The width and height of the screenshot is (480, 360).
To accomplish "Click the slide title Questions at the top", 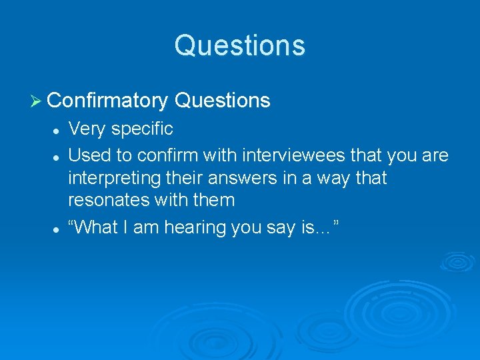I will point(240,45).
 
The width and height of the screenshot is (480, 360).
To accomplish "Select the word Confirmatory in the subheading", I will point(107,101).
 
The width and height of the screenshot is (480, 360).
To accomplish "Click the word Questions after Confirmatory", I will point(222,101).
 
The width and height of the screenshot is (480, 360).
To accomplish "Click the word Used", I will point(89,155).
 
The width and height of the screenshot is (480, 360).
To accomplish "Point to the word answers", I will point(253,178).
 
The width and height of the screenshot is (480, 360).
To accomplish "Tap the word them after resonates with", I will point(213,200).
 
